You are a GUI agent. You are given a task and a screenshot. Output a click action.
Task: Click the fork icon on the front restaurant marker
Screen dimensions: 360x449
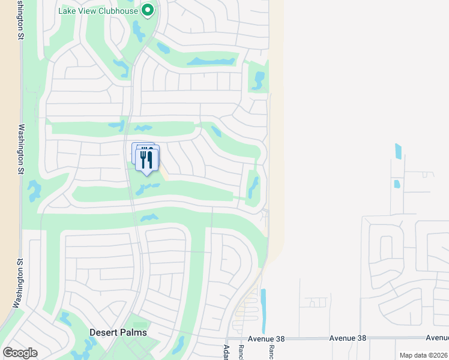pos(143,159)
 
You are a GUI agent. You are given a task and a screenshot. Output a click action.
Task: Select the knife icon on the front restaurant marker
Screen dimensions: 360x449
pos(150,160)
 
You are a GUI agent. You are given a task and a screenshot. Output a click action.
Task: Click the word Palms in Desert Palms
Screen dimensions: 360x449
pos(133,332)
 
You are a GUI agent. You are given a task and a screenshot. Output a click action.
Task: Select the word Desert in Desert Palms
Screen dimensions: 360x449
pos(104,332)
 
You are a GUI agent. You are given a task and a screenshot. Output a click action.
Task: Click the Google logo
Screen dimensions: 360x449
pos(20,353)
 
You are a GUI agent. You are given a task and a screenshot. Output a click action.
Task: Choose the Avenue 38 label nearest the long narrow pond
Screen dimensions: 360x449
pos(265,338)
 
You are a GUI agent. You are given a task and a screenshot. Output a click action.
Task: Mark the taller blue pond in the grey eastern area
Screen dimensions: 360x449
pos(398,151)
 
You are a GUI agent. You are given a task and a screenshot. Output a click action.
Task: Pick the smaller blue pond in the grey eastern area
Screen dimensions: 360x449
pos(396,184)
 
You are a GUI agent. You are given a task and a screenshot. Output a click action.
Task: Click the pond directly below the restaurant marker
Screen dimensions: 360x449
pos(146,189)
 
